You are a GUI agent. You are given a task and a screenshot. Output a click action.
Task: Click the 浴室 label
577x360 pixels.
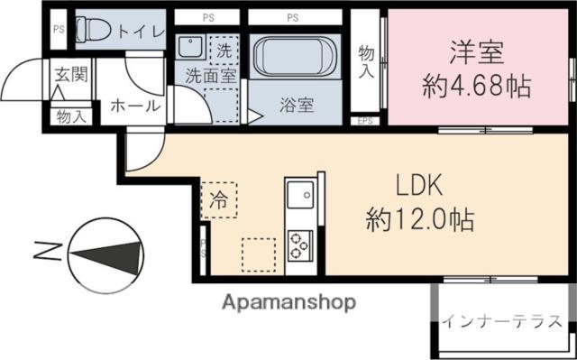[297, 105]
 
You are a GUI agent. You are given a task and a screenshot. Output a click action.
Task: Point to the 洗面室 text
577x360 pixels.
[211, 77]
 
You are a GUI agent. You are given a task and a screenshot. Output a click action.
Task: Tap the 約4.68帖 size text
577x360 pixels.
[476, 88]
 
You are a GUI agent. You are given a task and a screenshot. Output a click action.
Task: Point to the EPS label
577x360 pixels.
[366, 120]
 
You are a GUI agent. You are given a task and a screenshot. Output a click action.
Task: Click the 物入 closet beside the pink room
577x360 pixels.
[366, 61]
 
